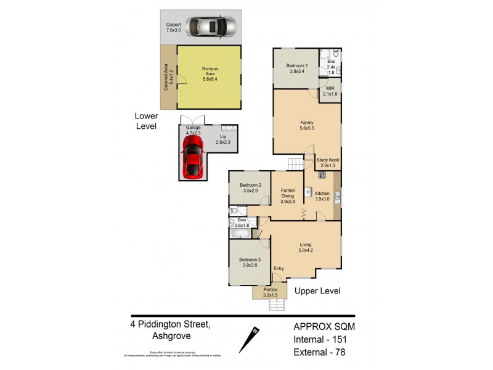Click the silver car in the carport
click(x=211, y=27)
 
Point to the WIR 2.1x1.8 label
click(x=330, y=92)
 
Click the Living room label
click(x=306, y=247)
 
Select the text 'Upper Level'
click(x=317, y=290)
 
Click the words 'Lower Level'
click(x=147, y=121)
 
